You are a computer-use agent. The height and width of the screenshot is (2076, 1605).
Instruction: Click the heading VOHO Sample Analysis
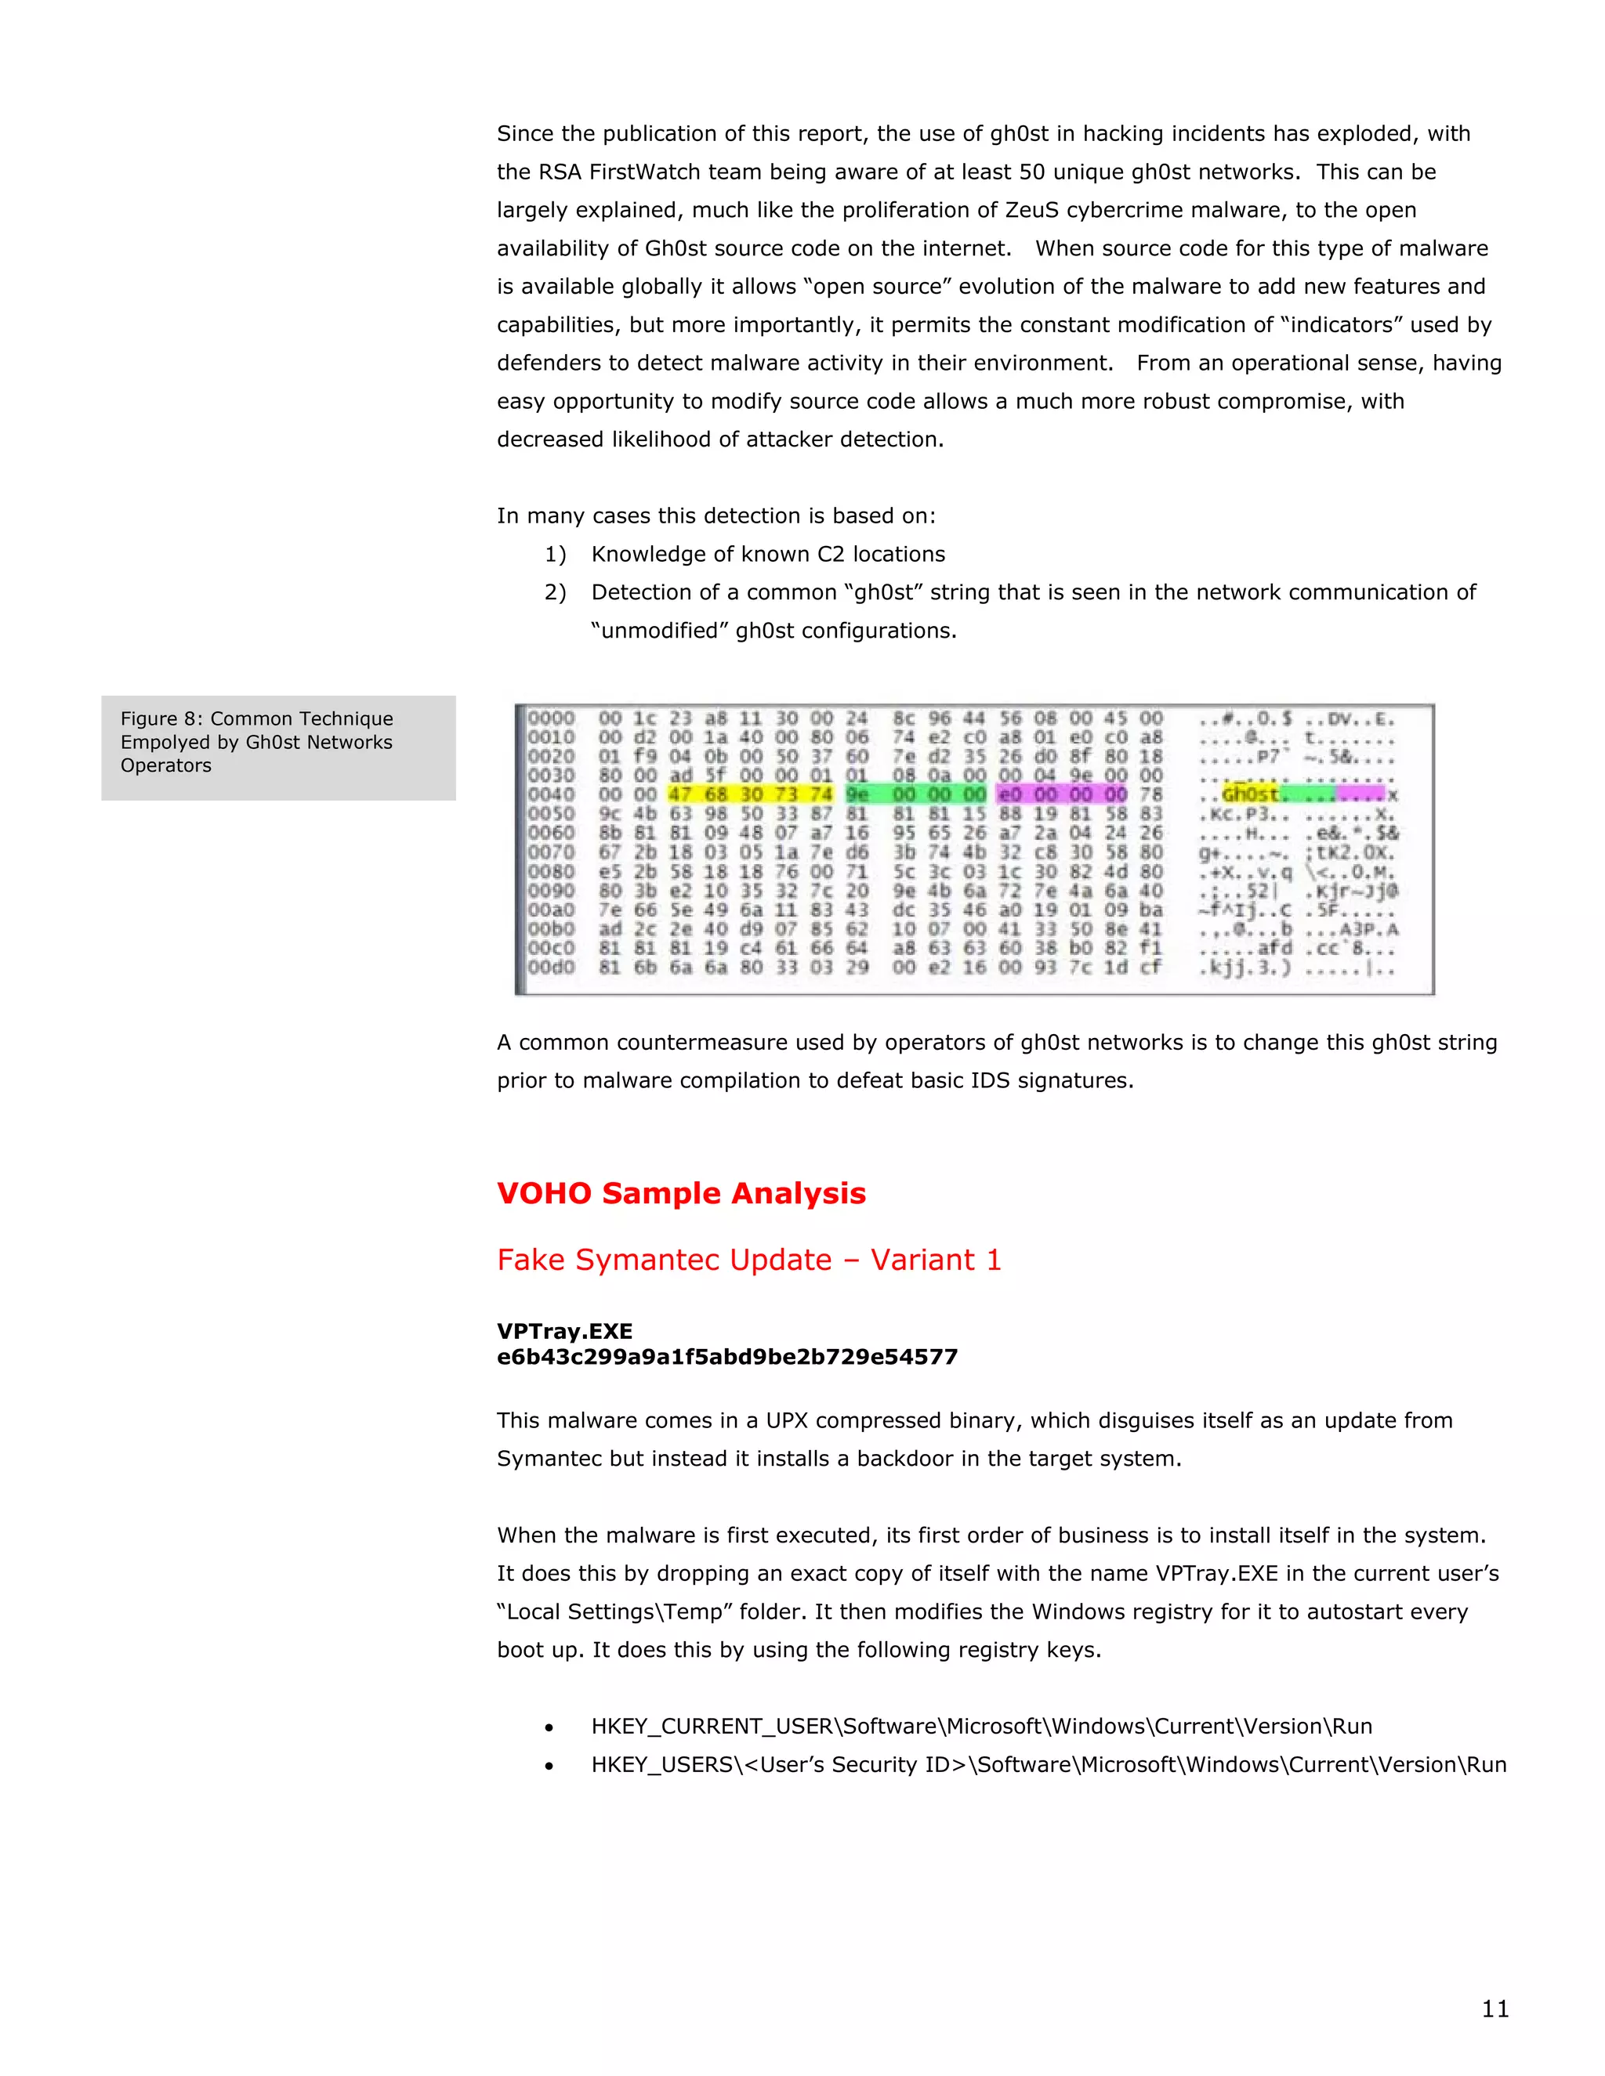(x=681, y=1193)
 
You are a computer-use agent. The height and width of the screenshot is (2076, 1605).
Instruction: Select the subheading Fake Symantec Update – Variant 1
(x=749, y=1260)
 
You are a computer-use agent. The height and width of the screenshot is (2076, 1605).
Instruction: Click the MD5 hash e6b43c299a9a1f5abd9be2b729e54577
(x=727, y=1356)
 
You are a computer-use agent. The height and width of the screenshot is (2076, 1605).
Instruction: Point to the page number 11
(x=1494, y=2009)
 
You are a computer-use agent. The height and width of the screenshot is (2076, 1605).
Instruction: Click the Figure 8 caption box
(x=277, y=747)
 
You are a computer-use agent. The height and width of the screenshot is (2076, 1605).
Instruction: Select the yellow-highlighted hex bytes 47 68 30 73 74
(x=750, y=794)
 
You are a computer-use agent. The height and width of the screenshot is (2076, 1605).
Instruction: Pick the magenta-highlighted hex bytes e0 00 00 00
(x=1062, y=794)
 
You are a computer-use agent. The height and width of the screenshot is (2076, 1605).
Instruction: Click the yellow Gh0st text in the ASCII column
(x=1250, y=794)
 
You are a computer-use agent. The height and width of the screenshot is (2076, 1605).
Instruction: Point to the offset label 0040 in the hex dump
(x=552, y=794)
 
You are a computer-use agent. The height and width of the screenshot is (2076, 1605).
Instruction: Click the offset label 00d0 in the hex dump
(x=552, y=967)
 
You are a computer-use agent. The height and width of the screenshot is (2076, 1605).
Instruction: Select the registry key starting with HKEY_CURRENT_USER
(x=981, y=1726)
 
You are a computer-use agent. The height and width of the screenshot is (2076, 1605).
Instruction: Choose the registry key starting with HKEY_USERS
(x=1049, y=1764)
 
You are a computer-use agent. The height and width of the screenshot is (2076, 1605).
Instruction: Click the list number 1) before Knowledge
(x=556, y=554)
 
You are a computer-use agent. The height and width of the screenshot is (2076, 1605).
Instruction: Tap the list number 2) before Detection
(x=556, y=592)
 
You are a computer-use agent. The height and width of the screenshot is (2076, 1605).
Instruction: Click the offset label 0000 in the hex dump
(x=552, y=718)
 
